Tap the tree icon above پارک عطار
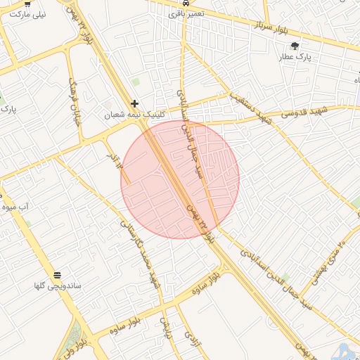click(x=295, y=46)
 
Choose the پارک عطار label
click(x=295, y=56)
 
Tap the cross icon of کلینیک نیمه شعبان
click(x=134, y=103)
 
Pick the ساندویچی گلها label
click(x=57, y=286)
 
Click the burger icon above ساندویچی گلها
click(x=57, y=274)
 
